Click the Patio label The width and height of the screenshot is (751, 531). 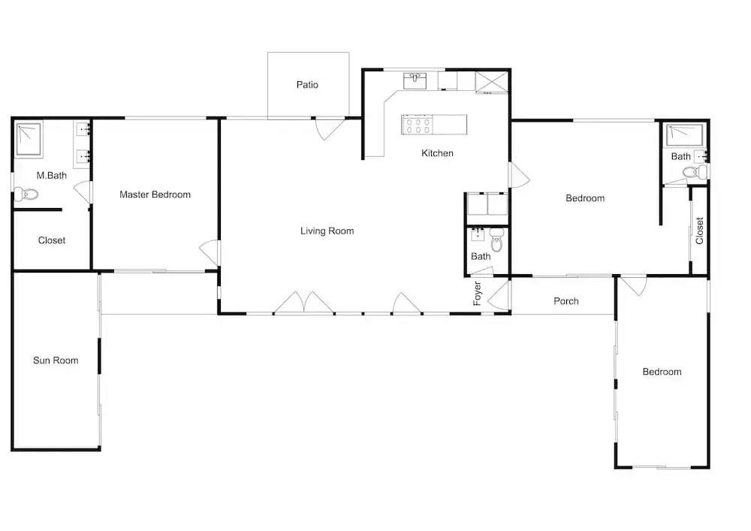click(x=307, y=85)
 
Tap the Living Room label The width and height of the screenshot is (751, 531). click(x=327, y=231)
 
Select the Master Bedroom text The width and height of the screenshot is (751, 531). click(x=155, y=195)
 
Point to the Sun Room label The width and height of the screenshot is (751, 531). click(x=56, y=361)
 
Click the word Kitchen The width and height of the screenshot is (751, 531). click(x=437, y=153)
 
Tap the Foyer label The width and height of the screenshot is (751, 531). click(x=478, y=294)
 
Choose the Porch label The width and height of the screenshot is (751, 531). click(x=566, y=301)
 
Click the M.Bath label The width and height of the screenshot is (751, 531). click(x=52, y=175)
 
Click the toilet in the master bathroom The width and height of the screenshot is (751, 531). click(x=26, y=195)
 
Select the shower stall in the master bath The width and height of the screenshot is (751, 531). click(x=29, y=139)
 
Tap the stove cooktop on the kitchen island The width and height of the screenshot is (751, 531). click(x=417, y=125)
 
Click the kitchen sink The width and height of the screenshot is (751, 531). click(x=415, y=81)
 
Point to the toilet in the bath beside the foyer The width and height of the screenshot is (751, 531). click(x=497, y=240)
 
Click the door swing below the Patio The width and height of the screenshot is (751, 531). click(x=330, y=128)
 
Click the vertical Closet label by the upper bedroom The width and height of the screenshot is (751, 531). click(x=699, y=231)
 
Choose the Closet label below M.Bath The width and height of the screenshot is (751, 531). click(x=52, y=240)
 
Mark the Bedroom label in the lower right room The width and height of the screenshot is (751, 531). click(x=662, y=372)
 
